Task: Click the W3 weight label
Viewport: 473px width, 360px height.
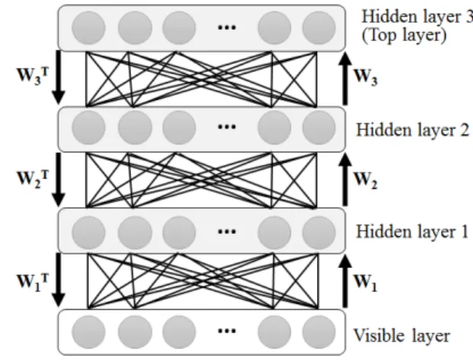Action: [x=365, y=77]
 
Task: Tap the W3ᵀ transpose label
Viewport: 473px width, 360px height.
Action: [x=33, y=75]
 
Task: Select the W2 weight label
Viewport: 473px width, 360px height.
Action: [x=365, y=180]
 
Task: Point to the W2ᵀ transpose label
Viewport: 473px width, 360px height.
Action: [x=33, y=178]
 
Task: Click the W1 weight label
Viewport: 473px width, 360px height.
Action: [x=365, y=283]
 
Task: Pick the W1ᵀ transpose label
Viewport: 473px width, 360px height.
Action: [x=33, y=281]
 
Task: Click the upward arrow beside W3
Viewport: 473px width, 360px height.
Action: [x=345, y=79]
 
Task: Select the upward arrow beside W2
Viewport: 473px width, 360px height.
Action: [x=345, y=180]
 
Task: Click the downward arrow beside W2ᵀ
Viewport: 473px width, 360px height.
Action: [x=58, y=180]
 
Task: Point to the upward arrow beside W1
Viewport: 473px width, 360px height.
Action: [x=345, y=282]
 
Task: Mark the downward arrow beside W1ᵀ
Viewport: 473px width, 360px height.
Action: [x=58, y=280]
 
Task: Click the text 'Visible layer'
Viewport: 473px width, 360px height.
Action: [x=402, y=336]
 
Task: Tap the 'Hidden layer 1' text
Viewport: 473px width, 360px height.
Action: [x=412, y=232]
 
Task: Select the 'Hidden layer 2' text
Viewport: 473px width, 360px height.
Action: [x=413, y=130]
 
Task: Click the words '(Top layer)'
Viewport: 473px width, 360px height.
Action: [x=404, y=36]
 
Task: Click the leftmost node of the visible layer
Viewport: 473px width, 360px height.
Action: [x=89, y=332]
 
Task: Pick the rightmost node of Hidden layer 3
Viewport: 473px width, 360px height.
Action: [x=319, y=28]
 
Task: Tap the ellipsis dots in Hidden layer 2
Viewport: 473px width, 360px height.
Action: [x=227, y=127]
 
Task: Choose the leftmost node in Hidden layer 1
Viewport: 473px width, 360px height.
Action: [x=89, y=233]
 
